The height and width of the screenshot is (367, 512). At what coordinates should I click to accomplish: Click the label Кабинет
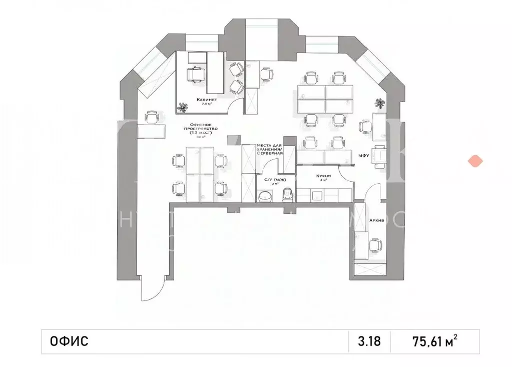point(193,100)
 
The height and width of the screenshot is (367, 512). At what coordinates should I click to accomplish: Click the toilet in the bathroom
point(287,194)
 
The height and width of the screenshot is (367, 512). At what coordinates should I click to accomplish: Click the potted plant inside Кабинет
point(181,106)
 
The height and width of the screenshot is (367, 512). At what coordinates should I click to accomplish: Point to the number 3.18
point(369,342)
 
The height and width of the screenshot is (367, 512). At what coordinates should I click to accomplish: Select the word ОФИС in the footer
point(69,342)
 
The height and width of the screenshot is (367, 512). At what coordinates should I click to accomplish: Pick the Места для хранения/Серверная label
point(270,149)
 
